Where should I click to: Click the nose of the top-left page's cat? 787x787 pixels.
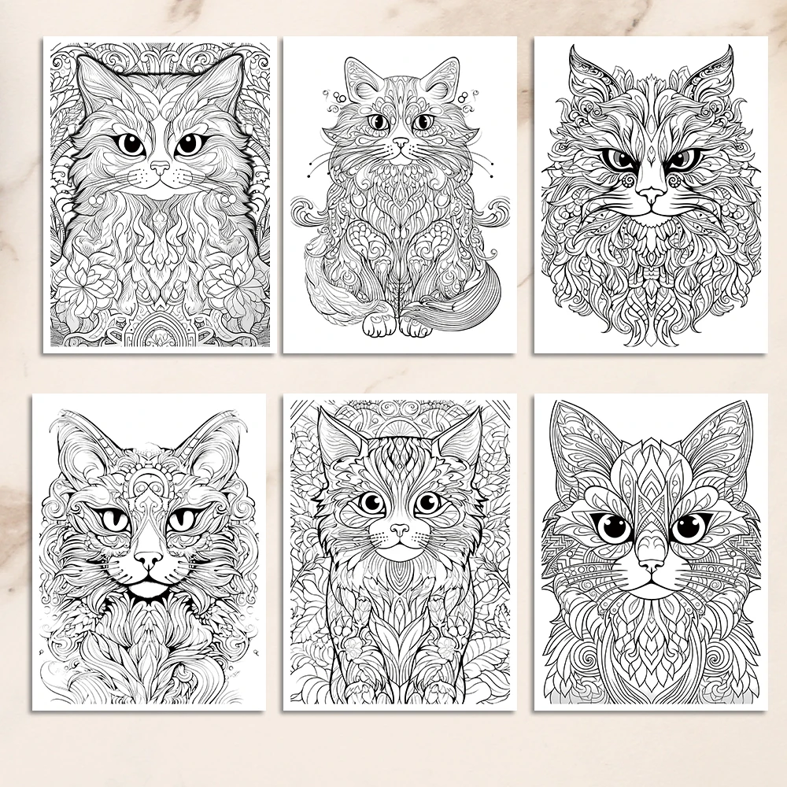pyautogui.click(x=161, y=168)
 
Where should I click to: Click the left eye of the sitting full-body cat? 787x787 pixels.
pyautogui.click(x=379, y=122)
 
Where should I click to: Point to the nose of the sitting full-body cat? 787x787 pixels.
pyautogui.click(x=401, y=144)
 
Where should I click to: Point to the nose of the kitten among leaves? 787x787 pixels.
pyautogui.click(x=399, y=530)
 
